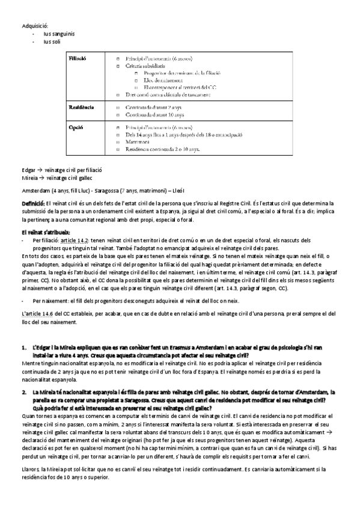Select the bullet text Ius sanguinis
pyautogui.click(x=59, y=34)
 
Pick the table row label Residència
pyautogui.click(x=82, y=106)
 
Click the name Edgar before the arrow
pyautogui.click(x=28, y=171)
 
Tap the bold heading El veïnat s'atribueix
pyautogui.click(x=46, y=232)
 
